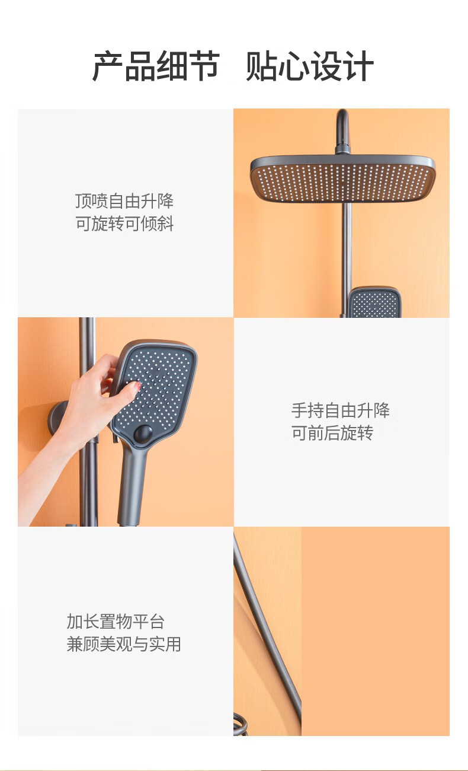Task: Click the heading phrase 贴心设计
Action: pyautogui.click(x=310, y=66)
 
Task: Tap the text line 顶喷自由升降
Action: pyautogui.click(x=124, y=201)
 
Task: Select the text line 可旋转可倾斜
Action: pyautogui.click(x=124, y=224)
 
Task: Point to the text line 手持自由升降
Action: pyautogui.click(x=341, y=410)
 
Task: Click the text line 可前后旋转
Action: pyautogui.click(x=332, y=433)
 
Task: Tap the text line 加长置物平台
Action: pyautogui.click(x=116, y=622)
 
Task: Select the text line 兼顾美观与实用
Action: pyautogui.click(x=124, y=644)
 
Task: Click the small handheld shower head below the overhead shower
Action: pyautogui.click(x=375, y=302)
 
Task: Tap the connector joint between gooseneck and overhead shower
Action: pyautogui.click(x=342, y=149)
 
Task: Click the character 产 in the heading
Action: pyautogui.click(x=108, y=66)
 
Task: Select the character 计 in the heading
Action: pyautogui.click(x=359, y=66)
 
